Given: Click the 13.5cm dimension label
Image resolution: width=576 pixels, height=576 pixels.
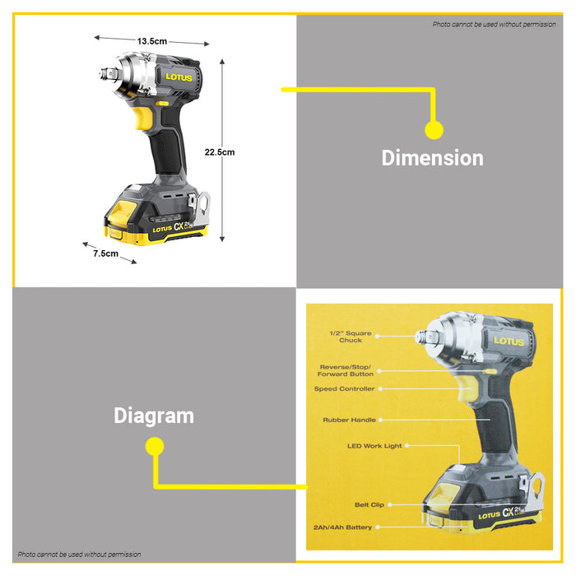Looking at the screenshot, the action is (152, 41).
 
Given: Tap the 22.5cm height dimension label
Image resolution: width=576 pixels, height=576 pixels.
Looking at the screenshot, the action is (220, 152).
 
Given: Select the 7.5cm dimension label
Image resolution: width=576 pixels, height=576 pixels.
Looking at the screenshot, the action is (106, 253).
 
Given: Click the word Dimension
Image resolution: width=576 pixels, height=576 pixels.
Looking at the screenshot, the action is (432, 158).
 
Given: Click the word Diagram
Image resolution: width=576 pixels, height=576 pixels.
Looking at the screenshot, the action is (154, 416).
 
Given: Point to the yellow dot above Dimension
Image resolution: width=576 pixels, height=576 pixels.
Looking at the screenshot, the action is (434, 130).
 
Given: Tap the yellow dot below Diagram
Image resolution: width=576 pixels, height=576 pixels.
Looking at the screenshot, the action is (155, 446).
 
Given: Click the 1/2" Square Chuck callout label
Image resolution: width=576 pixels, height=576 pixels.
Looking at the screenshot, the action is (351, 337).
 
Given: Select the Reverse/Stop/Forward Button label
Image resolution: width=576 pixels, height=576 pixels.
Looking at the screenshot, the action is (346, 370).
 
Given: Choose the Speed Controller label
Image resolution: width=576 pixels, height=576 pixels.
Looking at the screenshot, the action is (345, 388).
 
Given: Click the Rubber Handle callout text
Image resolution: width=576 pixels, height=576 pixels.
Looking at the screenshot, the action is (350, 420).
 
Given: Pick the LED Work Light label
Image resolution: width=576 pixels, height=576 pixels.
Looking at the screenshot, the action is (374, 446).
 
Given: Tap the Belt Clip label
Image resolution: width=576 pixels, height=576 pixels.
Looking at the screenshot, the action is (369, 504).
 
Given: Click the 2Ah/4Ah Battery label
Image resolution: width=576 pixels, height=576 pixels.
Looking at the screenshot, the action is (342, 527).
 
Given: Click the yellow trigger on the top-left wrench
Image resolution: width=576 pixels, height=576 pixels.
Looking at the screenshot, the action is (142, 117).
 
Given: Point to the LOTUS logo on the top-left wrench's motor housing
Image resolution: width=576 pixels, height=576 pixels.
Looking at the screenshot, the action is (179, 77).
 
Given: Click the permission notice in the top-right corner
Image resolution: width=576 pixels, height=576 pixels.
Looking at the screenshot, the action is (494, 24).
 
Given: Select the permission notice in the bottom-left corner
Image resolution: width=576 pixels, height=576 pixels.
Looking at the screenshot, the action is (79, 555).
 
